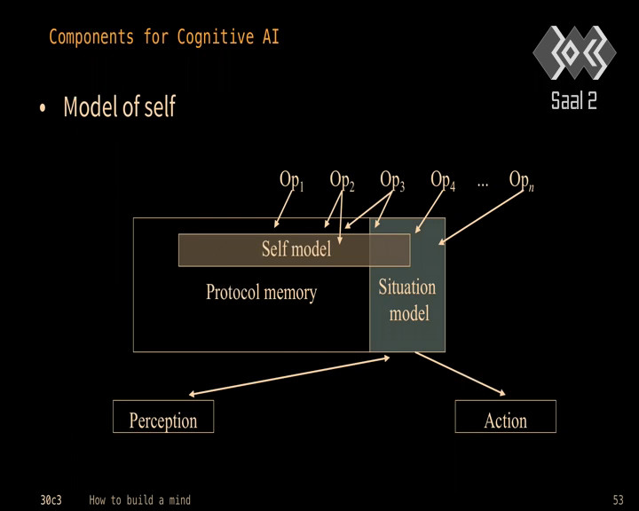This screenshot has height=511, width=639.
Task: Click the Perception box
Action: (x=163, y=416)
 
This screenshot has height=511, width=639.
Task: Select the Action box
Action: (x=505, y=416)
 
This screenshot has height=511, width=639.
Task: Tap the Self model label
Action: (x=296, y=249)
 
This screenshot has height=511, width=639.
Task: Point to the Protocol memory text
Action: (x=261, y=293)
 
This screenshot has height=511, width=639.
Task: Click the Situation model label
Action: (x=407, y=300)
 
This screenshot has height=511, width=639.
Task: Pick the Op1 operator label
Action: (x=291, y=180)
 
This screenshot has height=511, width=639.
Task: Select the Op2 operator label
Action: (x=342, y=180)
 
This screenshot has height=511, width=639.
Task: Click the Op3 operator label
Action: (x=392, y=180)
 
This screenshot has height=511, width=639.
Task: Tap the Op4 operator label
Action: (x=443, y=180)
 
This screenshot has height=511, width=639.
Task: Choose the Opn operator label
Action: (x=521, y=180)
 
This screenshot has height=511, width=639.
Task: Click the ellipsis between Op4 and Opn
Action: (x=483, y=185)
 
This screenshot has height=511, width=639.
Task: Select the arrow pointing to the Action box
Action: (x=460, y=373)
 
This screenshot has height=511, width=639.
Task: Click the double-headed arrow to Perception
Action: (x=289, y=376)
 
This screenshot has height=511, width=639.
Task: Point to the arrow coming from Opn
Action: (x=481, y=216)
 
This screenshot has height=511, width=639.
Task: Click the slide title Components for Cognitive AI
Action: (x=164, y=37)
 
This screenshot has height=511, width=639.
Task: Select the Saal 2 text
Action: (x=574, y=100)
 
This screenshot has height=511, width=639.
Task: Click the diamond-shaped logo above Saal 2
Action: (x=574, y=52)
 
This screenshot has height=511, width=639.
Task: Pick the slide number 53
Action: (x=619, y=499)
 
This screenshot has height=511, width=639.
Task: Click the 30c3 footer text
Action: (x=51, y=499)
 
